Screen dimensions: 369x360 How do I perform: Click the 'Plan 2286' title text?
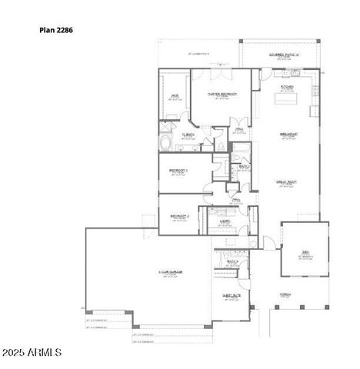click(x=56, y=31)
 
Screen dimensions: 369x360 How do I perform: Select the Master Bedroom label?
click(x=222, y=94)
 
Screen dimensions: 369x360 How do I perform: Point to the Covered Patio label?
click(x=283, y=55)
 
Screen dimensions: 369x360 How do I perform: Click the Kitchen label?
click(x=288, y=87)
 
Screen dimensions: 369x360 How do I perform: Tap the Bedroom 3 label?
click(x=179, y=216)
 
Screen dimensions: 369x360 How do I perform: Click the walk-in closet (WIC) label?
click(x=175, y=97)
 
